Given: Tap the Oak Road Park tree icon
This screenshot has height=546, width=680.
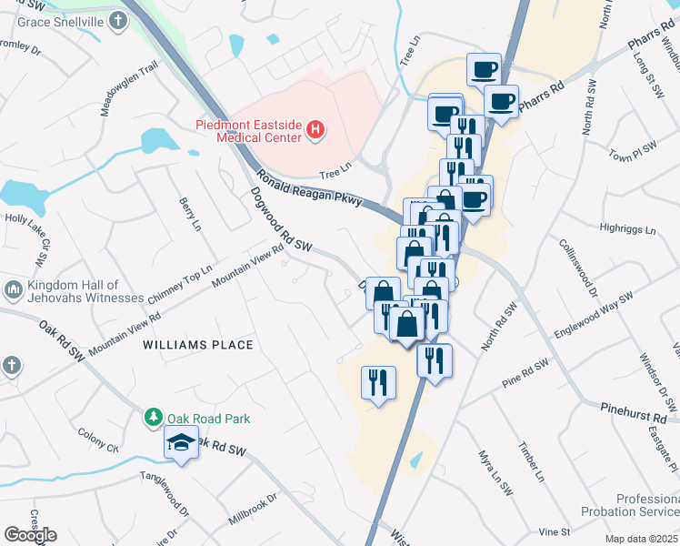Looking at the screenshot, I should (x=154, y=418).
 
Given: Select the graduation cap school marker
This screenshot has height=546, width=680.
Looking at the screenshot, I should (x=181, y=443).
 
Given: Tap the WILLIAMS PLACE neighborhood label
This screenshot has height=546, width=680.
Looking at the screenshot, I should (x=197, y=345).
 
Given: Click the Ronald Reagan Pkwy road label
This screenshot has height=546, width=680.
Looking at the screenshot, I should (x=310, y=188).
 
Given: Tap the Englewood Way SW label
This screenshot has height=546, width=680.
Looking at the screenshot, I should (x=595, y=316).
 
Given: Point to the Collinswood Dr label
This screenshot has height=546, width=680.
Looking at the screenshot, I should (x=579, y=267).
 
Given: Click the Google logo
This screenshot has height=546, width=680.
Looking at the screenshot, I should (x=30, y=534).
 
